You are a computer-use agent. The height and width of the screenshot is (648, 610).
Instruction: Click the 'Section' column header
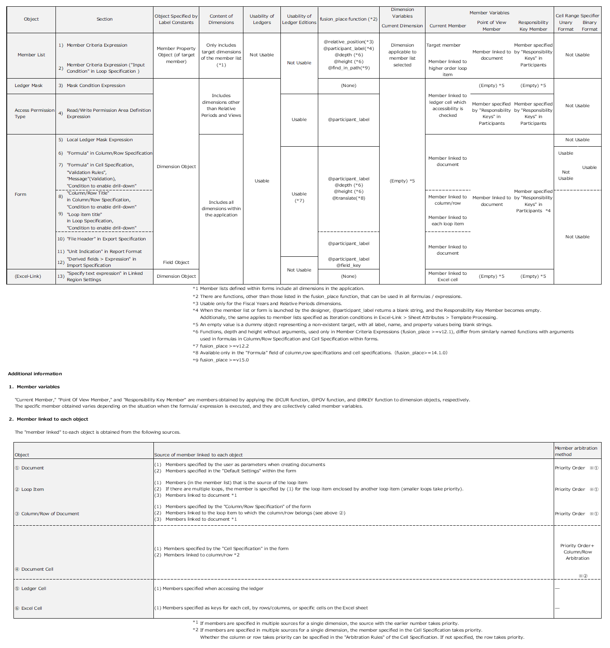click(x=104, y=19)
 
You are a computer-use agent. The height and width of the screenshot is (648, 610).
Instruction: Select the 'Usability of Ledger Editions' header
click(x=299, y=19)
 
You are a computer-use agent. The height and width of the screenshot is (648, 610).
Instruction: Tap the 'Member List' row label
click(x=31, y=55)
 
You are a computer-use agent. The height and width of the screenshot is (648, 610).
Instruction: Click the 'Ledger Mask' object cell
click(x=29, y=85)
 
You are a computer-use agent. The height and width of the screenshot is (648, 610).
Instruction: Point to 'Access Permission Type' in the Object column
click(x=34, y=113)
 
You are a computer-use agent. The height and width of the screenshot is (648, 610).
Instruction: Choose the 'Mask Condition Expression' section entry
click(x=96, y=85)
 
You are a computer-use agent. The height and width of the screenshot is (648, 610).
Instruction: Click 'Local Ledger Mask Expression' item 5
click(x=100, y=140)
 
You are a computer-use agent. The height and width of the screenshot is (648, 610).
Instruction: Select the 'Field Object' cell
click(x=176, y=262)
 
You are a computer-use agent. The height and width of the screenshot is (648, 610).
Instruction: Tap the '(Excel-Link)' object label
click(x=28, y=276)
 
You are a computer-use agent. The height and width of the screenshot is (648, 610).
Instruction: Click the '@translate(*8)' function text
click(x=349, y=198)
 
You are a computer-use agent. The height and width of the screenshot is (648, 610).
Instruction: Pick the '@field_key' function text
click(x=349, y=265)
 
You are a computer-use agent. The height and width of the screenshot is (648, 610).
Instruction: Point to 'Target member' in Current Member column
click(x=443, y=45)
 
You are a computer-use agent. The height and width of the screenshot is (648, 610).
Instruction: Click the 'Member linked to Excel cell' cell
click(x=447, y=277)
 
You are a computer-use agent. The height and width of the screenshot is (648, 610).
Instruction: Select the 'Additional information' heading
click(x=35, y=374)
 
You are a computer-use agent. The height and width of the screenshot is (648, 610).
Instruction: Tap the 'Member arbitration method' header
click(x=576, y=451)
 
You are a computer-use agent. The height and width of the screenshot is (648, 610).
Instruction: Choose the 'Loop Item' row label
click(x=32, y=489)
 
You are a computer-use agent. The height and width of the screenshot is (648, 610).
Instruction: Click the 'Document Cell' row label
click(x=37, y=569)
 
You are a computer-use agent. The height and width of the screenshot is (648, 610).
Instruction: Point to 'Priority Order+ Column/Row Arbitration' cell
click(x=577, y=552)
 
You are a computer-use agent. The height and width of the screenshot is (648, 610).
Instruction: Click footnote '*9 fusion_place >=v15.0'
click(x=221, y=360)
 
